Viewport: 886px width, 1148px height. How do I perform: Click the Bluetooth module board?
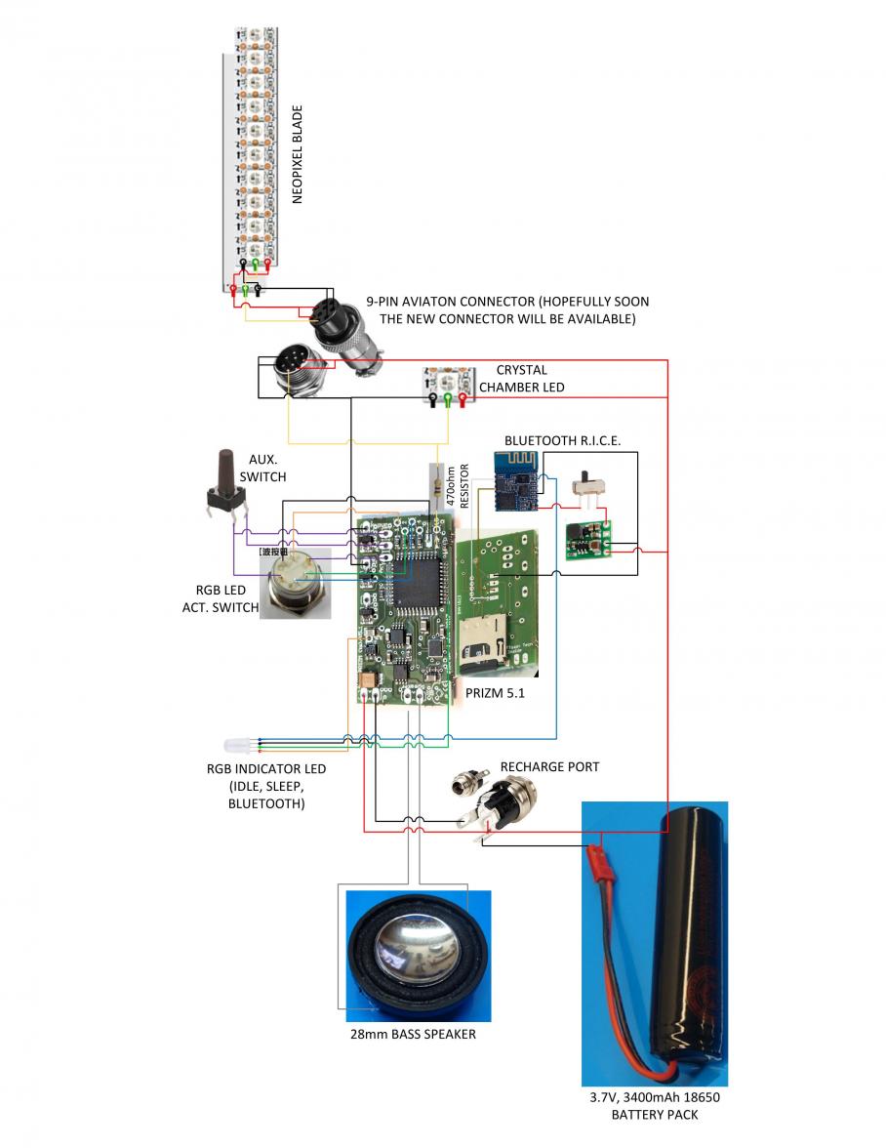click(513, 481)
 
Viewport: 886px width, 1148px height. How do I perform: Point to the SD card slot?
click(484, 640)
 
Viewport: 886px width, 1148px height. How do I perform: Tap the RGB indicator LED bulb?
click(239, 745)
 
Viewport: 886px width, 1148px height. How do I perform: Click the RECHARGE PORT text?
click(549, 766)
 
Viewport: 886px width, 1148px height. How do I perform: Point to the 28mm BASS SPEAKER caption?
click(413, 1034)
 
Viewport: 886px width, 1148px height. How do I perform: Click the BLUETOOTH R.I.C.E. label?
click(562, 440)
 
